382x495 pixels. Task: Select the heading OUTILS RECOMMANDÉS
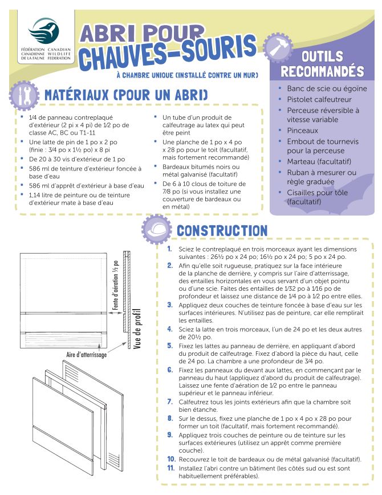[322, 64]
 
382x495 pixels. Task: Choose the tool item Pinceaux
[302, 130]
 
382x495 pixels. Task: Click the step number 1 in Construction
[170, 249]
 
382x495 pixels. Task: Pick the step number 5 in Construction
[170, 345]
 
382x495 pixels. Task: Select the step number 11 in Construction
[170, 468]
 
